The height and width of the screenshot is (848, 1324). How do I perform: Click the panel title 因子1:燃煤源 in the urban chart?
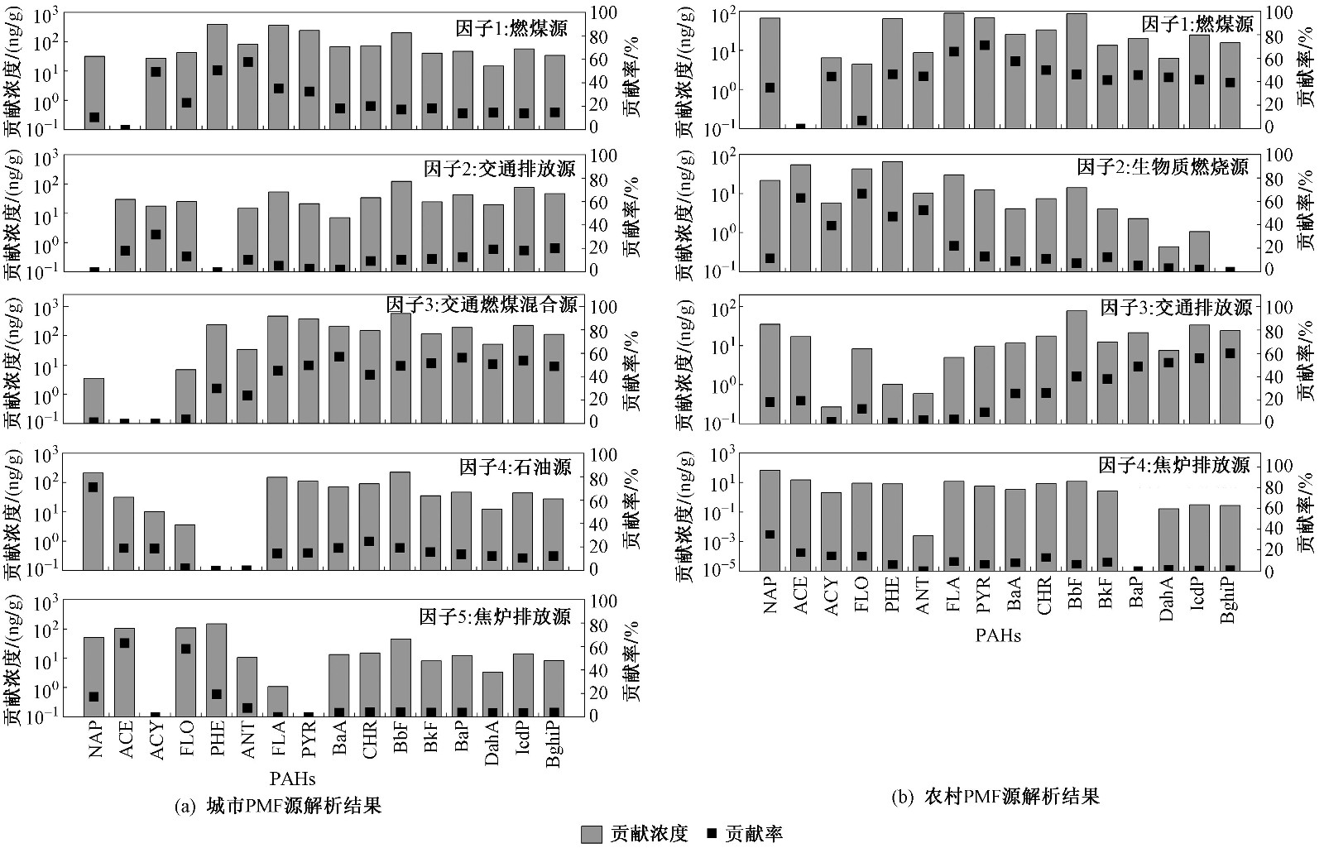(511, 29)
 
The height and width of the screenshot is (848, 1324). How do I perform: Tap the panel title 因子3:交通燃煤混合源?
(482, 304)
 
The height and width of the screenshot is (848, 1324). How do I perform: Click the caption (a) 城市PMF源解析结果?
(279, 805)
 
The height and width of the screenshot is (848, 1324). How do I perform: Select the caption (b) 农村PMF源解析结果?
(995, 797)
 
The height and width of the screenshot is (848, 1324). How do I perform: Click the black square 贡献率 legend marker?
(711, 833)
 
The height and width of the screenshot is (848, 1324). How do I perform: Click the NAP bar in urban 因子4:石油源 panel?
(94, 521)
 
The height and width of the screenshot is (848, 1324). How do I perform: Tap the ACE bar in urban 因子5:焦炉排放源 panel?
(125, 671)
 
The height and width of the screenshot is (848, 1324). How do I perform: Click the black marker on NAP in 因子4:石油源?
(94, 487)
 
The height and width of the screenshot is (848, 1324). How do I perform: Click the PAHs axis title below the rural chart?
(997, 635)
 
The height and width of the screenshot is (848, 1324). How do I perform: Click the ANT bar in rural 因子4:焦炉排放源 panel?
(923, 553)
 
